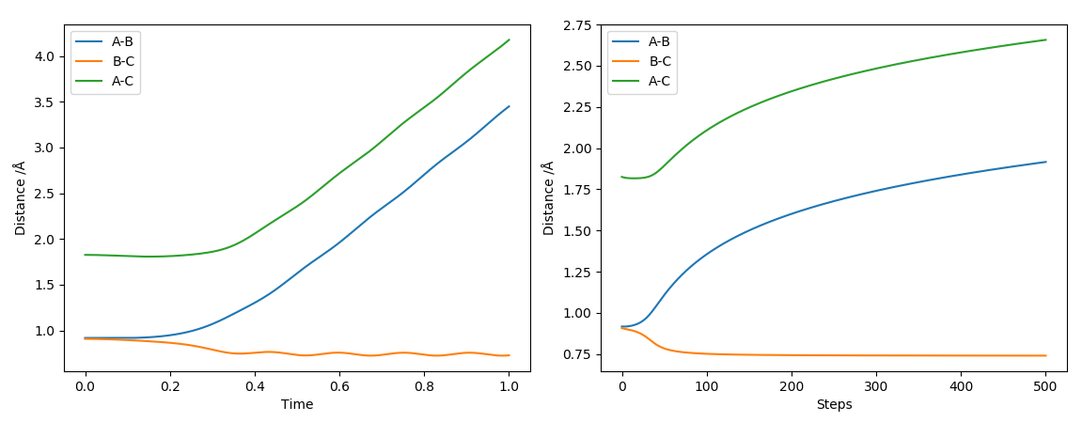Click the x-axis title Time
point(297,405)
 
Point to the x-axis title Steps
point(833,405)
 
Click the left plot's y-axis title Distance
point(21,197)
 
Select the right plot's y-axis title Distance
point(549,197)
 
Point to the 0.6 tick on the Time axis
point(339,386)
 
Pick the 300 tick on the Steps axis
point(876,386)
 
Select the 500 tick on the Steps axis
point(1045,386)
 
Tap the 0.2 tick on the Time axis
point(170,386)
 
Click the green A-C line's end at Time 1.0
point(509,40)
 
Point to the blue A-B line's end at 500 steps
point(1045,162)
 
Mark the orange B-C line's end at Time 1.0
point(509,355)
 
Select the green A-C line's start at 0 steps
point(622,177)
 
